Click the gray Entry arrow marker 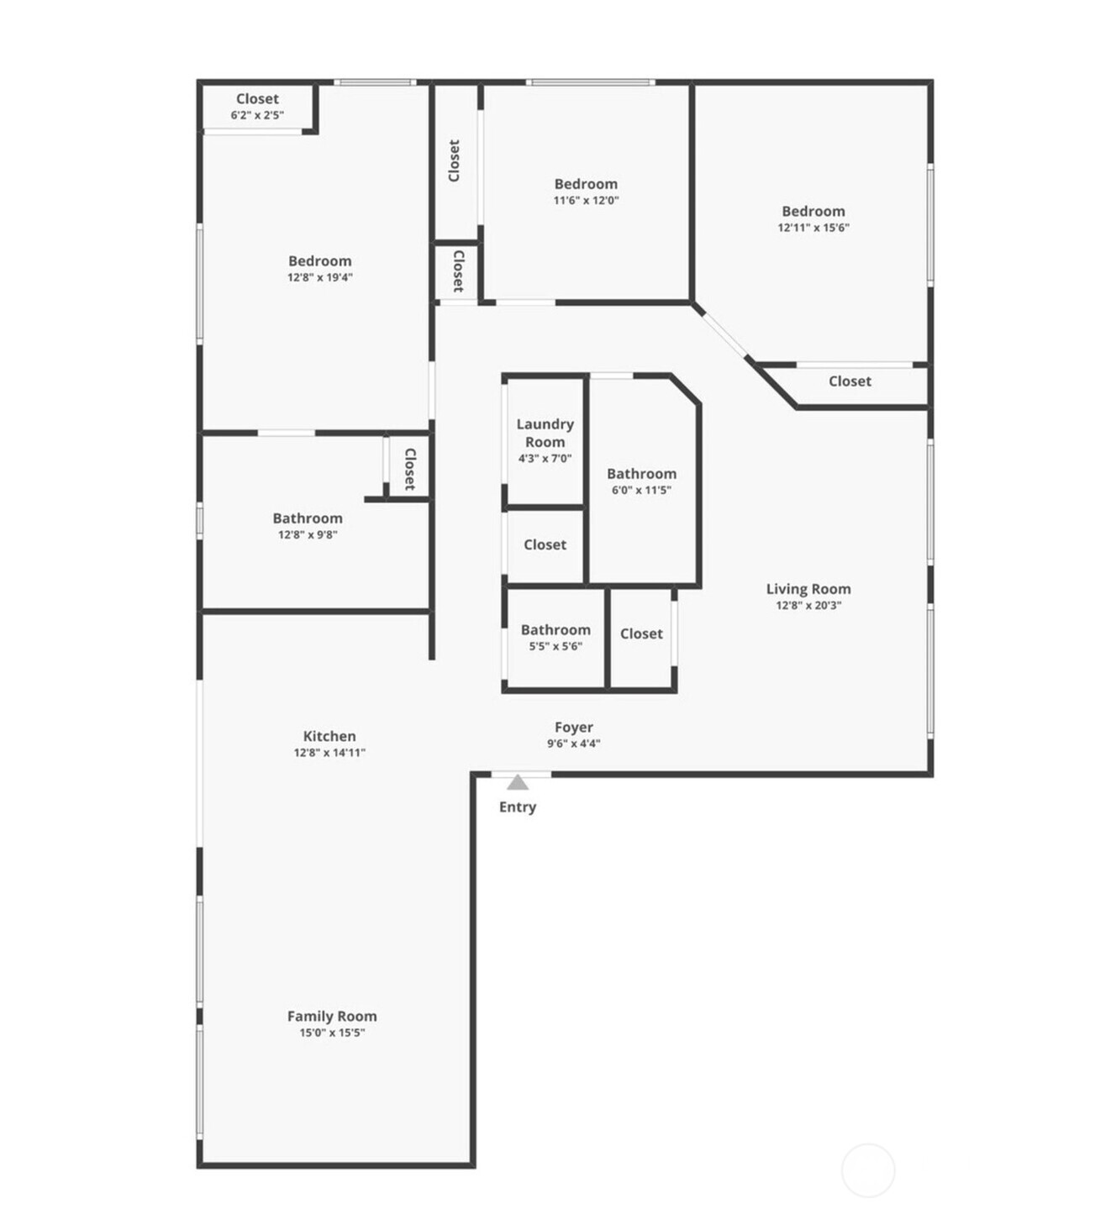(x=518, y=782)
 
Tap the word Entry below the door (x=518, y=807)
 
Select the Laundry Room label (x=545, y=433)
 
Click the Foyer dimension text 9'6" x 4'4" (x=573, y=744)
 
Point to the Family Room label (x=332, y=1016)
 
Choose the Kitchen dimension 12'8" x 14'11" (x=329, y=752)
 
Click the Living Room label (x=808, y=589)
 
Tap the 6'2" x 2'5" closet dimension (x=257, y=115)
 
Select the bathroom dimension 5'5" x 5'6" (x=556, y=646)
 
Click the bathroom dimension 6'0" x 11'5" (x=641, y=490)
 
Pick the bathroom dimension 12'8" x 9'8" (x=308, y=534)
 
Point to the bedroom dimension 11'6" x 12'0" (x=586, y=200)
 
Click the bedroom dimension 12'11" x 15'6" (x=813, y=227)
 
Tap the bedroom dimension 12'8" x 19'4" (x=319, y=277)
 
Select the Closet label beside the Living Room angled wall (x=850, y=381)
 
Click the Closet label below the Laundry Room (x=545, y=544)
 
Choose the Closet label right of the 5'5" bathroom (x=641, y=634)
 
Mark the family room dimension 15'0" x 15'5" (x=332, y=1033)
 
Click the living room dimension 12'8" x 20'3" (x=808, y=605)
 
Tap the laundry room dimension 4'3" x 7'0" (x=545, y=458)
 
